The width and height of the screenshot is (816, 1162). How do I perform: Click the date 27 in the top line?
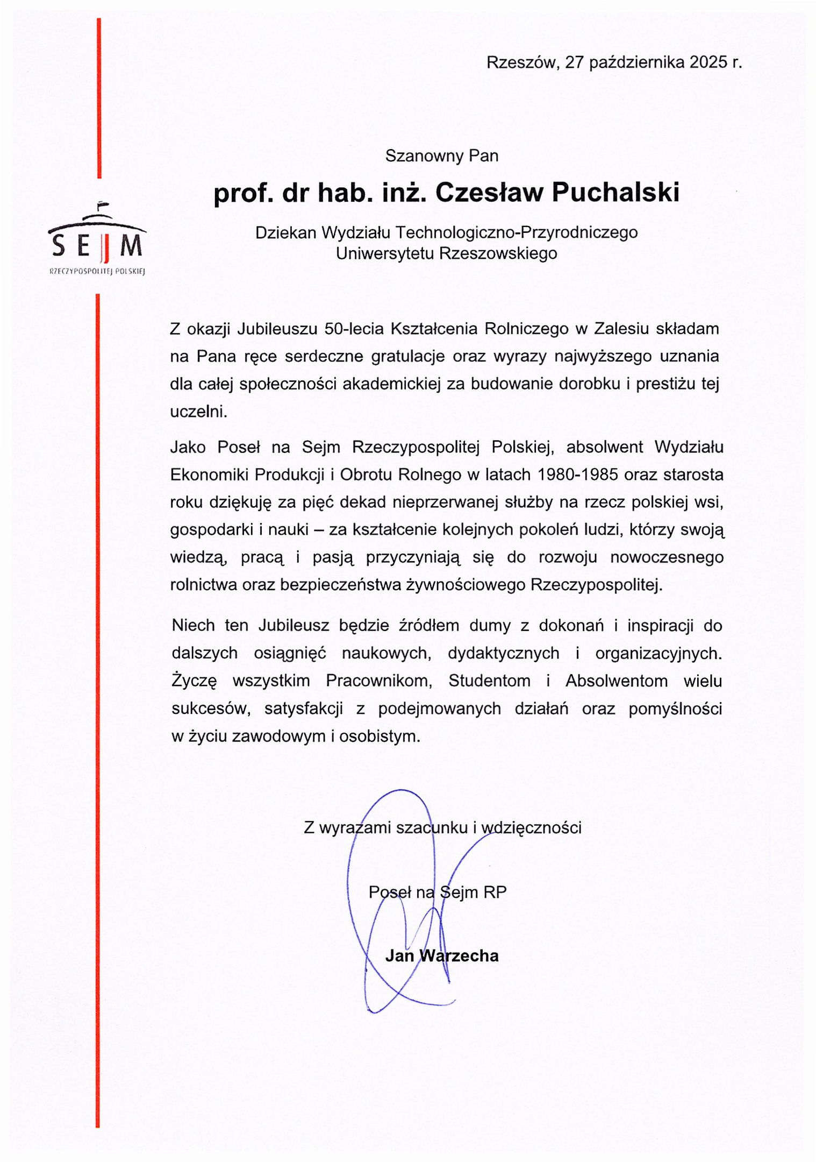pyautogui.click(x=574, y=62)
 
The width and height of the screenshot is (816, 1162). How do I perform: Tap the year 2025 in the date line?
pyautogui.click(x=708, y=62)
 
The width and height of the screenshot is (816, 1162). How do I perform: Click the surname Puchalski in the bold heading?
pyautogui.click(x=615, y=193)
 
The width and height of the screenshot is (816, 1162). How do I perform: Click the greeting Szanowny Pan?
pyautogui.click(x=442, y=156)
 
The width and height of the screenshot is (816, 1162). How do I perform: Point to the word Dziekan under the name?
pyautogui.click(x=285, y=232)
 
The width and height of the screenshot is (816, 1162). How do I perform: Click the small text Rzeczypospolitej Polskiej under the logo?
pyautogui.click(x=97, y=272)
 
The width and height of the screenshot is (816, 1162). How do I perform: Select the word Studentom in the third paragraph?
pyautogui.click(x=489, y=681)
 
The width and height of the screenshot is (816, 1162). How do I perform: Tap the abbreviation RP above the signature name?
pyautogui.click(x=495, y=892)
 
